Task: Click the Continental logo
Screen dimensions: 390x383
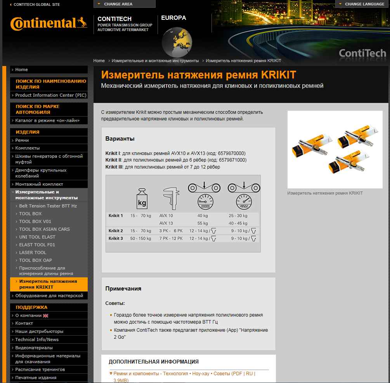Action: (49, 23)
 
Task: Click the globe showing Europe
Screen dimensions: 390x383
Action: (177, 42)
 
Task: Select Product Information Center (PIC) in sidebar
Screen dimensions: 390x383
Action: (51, 95)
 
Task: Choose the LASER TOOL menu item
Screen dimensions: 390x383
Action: (33, 252)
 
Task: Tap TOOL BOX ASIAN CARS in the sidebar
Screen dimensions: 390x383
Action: (44, 229)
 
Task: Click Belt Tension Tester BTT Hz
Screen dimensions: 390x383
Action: (48, 206)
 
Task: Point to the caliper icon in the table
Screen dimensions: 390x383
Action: (171, 198)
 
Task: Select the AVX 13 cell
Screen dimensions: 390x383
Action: (166, 223)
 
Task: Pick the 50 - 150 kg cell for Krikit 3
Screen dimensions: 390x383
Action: (140, 239)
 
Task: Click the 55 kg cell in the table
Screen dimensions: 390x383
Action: (203, 223)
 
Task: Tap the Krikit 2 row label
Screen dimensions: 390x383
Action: (116, 231)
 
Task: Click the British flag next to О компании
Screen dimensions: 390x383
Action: (45, 315)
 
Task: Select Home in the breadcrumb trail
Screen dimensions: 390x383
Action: (99, 61)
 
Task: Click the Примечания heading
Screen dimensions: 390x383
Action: (123, 289)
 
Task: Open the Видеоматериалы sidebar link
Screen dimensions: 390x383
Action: (34, 348)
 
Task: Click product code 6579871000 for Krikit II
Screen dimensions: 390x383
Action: (232, 160)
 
